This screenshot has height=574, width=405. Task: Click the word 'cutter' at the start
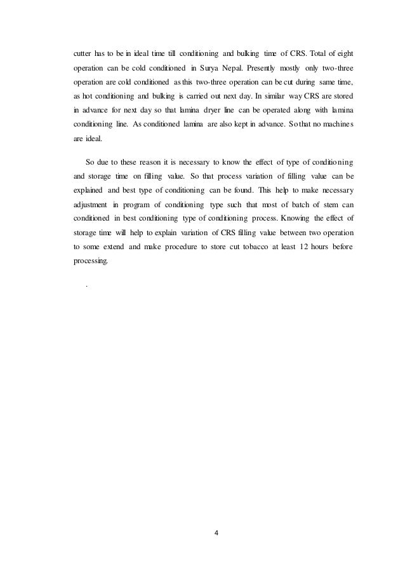[82, 53]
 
